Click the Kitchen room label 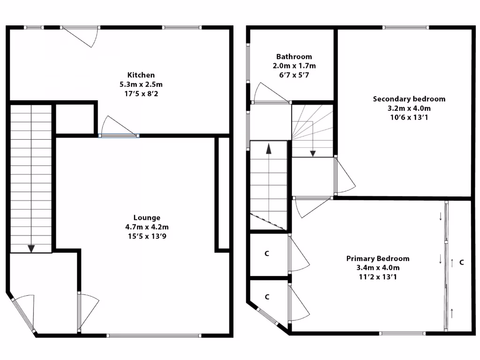click(x=141, y=75)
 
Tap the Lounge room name click(x=147, y=217)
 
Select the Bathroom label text click(x=294, y=57)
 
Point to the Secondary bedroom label click(x=409, y=99)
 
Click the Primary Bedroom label click(x=377, y=258)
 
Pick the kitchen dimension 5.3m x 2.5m click(x=141, y=84)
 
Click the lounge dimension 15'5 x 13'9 click(x=147, y=236)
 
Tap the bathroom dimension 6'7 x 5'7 click(x=294, y=75)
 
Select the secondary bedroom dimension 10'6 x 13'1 click(x=409, y=117)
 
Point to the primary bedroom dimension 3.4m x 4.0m click(x=377, y=268)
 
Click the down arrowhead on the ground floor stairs click(x=31, y=248)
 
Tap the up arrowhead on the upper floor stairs click(x=269, y=150)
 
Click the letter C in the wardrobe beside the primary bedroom click(x=461, y=262)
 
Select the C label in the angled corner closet click(x=267, y=297)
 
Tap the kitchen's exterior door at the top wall click(x=81, y=36)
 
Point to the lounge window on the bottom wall click(x=154, y=335)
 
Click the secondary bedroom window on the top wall click(x=406, y=27)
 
